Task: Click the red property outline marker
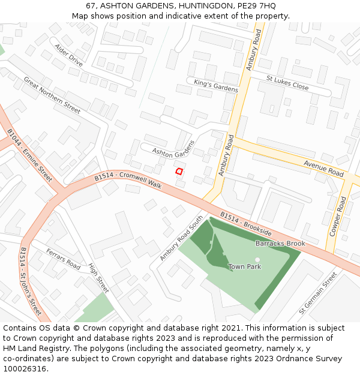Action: click(179, 172)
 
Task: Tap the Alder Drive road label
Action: click(68, 55)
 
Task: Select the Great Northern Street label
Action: click(52, 95)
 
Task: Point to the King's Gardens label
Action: click(215, 85)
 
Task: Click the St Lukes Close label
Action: click(287, 83)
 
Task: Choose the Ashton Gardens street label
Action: click(174, 149)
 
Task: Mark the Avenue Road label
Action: click(323, 169)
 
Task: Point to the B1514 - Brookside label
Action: click(245, 223)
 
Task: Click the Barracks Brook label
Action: click(280, 244)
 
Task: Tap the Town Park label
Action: click(244, 266)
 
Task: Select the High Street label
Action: click(98, 278)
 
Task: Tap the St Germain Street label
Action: click(318, 293)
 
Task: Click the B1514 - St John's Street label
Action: click(31, 281)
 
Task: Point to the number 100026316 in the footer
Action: click(25, 369)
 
